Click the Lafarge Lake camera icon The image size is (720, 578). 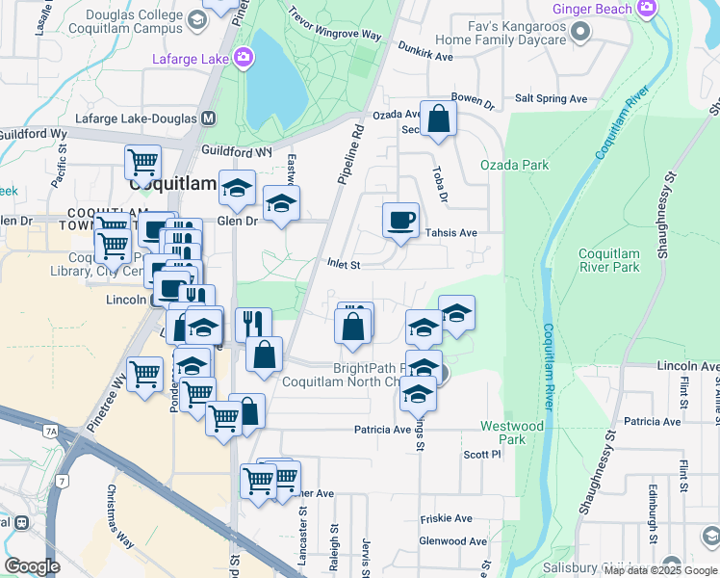point(244,58)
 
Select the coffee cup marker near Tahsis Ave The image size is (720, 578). point(400,221)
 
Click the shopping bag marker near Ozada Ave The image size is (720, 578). point(438,119)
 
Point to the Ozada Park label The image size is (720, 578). point(514,165)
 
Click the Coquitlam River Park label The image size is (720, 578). point(609,260)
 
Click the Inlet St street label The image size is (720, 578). point(343,263)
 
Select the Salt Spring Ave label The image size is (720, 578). point(551,98)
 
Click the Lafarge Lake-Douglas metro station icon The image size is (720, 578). point(209,118)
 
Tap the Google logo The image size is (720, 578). point(32,565)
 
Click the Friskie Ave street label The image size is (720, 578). point(446,518)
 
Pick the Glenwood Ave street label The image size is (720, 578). point(453,542)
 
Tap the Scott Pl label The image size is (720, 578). point(482,455)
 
